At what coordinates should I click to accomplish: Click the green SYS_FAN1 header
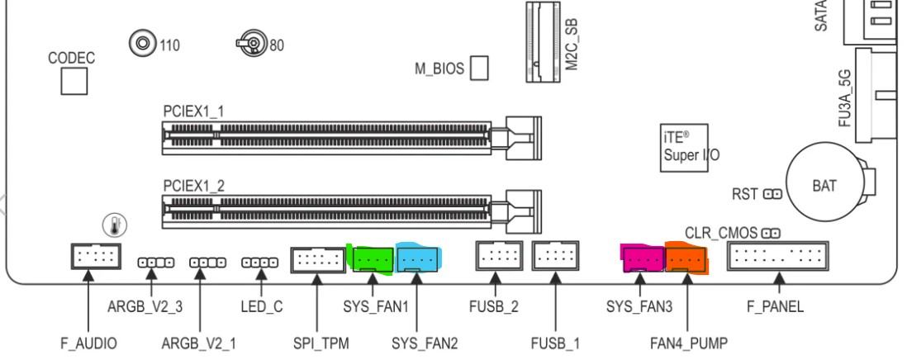(x=373, y=259)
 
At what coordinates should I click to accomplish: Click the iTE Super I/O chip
(x=685, y=148)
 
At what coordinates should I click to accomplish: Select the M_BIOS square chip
(x=479, y=68)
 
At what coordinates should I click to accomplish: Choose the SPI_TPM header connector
(x=318, y=260)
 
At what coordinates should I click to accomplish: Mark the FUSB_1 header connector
(x=555, y=257)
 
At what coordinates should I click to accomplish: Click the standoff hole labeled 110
(x=143, y=42)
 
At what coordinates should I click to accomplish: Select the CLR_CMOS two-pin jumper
(x=772, y=234)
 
